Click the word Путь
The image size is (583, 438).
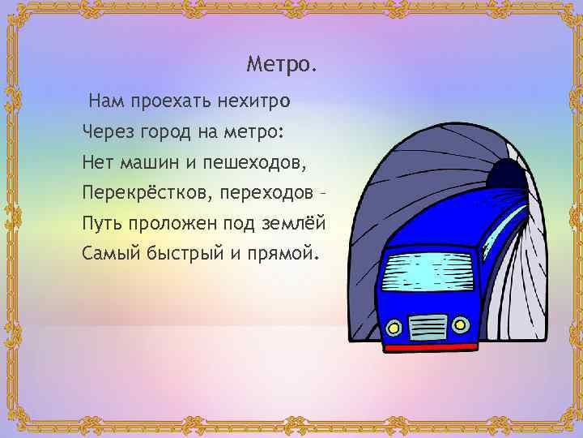[x=100, y=222]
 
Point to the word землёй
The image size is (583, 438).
[x=296, y=222]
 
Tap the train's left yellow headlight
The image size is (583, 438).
[x=394, y=328]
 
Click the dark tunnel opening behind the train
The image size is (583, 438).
[x=506, y=172]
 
